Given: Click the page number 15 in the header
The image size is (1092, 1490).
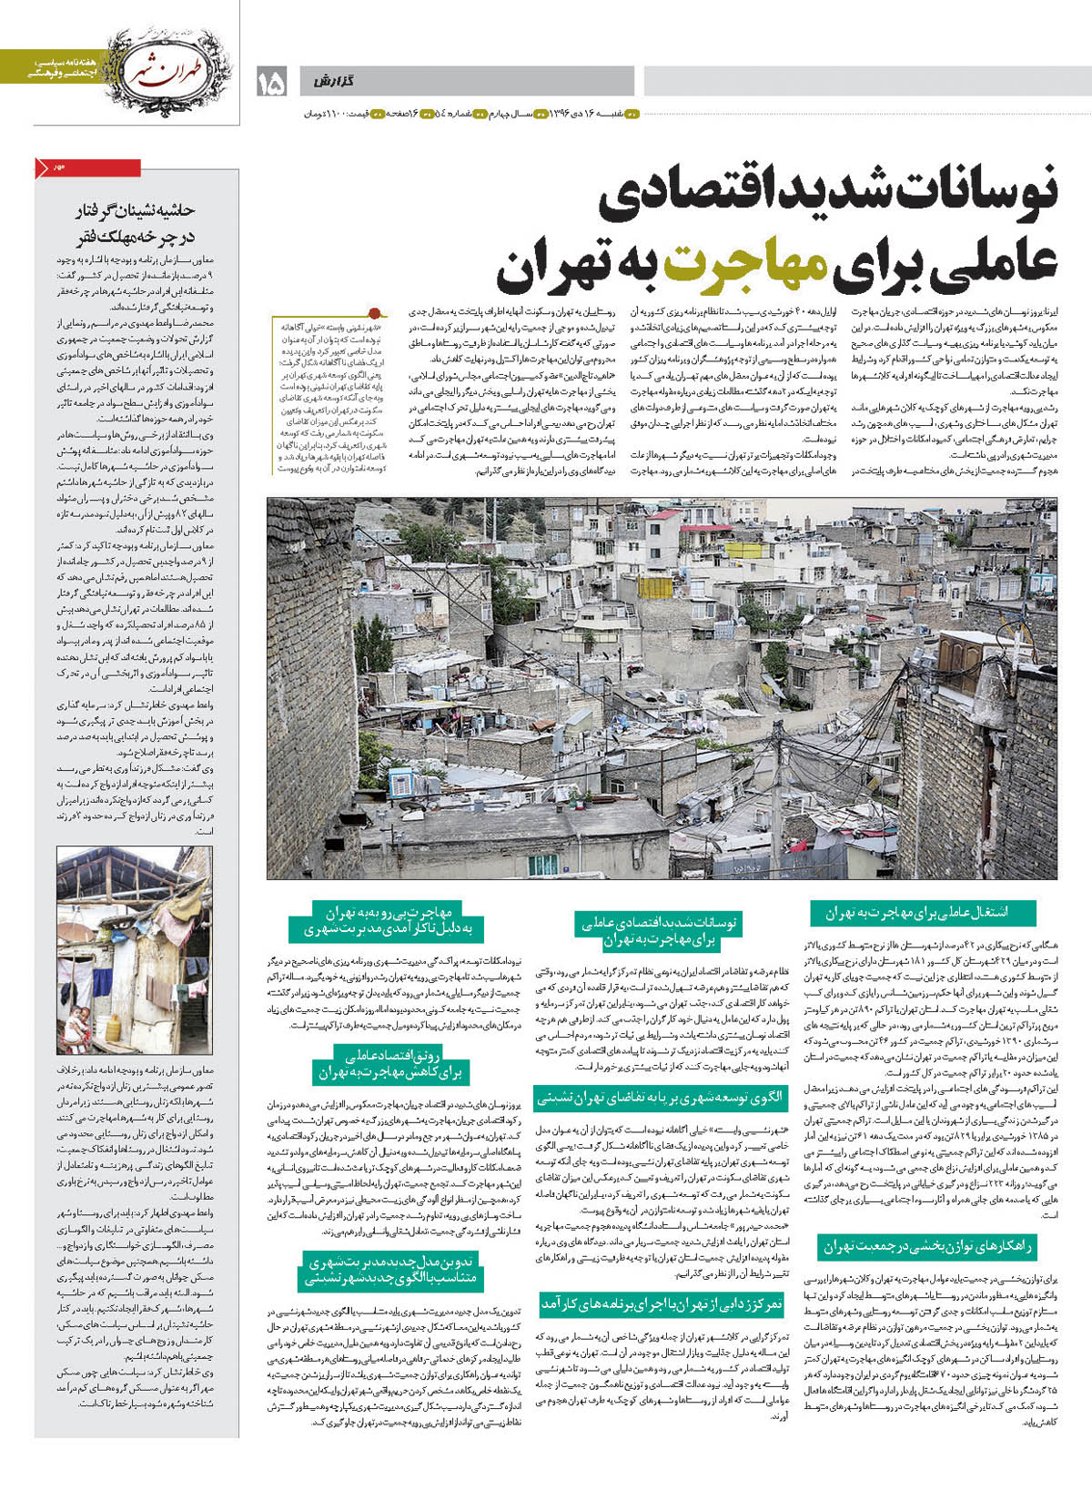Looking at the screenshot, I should click(271, 83).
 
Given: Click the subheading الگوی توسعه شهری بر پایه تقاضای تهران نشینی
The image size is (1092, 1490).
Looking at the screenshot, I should click(661, 1098).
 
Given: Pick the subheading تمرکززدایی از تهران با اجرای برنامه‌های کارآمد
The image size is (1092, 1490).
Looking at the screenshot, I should click(662, 1304).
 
